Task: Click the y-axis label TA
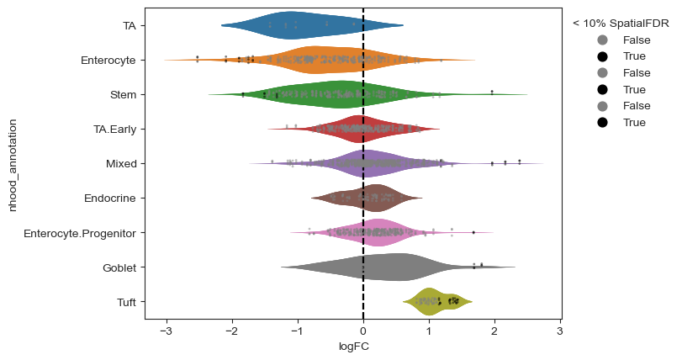point(129,26)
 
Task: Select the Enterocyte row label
point(114,61)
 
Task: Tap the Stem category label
point(124,95)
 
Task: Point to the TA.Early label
point(115,130)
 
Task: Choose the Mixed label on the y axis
point(121,164)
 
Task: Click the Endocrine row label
point(110,199)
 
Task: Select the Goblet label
point(119,267)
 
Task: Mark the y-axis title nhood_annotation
point(13,164)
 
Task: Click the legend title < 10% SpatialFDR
point(621,23)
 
